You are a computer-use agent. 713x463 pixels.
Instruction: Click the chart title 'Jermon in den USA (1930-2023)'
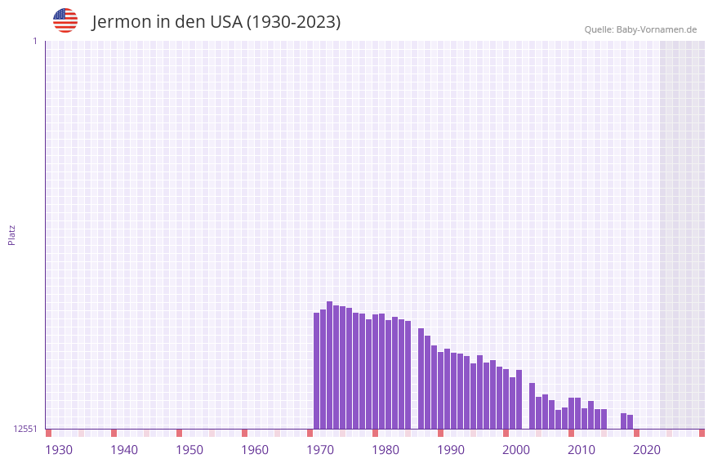[x=216, y=22]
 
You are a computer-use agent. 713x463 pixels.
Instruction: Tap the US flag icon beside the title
[x=65, y=20]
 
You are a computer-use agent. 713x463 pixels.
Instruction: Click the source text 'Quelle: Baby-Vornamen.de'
[x=640, y=29]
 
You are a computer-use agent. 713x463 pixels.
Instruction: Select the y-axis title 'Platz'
[x=11, y=234]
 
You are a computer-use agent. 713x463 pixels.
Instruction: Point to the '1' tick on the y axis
[x=34, y=41]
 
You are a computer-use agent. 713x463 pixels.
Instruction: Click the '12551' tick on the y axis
[x=25, y=429]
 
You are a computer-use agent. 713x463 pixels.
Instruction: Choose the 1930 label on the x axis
[x=59, y=450]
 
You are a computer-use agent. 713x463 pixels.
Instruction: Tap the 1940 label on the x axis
[x=124, y=450]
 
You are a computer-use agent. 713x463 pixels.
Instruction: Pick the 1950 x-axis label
[x=189, y=450]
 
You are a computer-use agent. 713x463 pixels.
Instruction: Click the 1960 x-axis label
[x=255, y=450]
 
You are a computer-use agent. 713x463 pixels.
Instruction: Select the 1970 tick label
[x=320, y=450]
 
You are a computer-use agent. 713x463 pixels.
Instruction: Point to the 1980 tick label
[x=385, y=450]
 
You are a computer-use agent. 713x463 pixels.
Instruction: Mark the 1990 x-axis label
[x=451, y=450]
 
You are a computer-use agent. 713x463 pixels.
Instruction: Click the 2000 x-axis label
[x=516, y=450]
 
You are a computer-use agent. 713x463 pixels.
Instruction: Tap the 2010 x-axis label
[x=582, y=450]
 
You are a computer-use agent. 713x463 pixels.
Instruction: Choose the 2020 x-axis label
[x=647, y=450]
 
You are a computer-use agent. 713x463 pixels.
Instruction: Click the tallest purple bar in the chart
[x=330, y=365]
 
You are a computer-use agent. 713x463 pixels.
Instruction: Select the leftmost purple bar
[x=317, y=371]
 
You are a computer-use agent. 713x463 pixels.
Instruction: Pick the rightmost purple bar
[x=630, y=421]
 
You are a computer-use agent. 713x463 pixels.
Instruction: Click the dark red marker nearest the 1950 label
[x=179, y=433]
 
